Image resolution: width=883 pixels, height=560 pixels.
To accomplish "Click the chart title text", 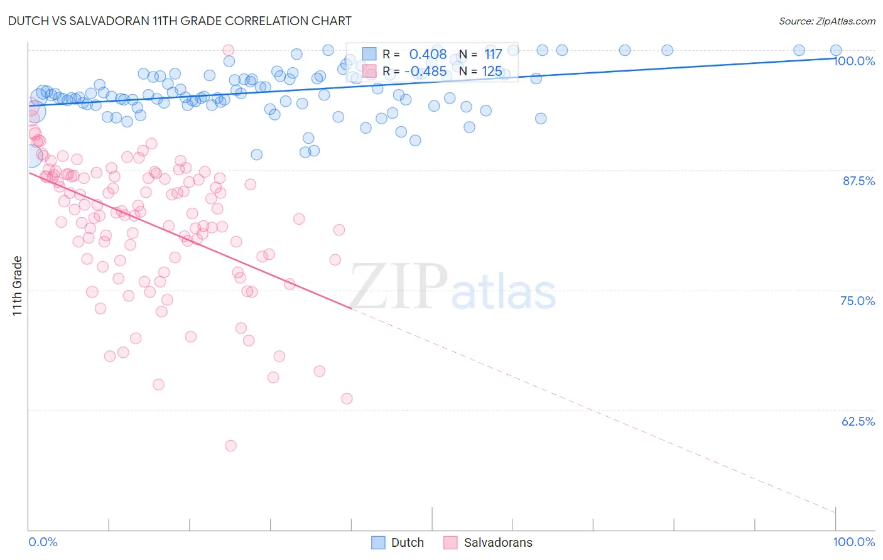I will [180, 21].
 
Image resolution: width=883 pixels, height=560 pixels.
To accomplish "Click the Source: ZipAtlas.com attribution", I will [826, 21].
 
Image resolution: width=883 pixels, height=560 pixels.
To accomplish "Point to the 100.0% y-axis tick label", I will [854, 61].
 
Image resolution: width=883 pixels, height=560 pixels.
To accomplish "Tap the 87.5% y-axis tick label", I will [859, 181].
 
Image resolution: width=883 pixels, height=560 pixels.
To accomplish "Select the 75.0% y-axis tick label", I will [857, 301].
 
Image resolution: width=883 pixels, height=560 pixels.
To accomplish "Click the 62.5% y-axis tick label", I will [858, 421].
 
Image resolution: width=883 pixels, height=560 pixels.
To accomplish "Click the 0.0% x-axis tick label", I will [43, 542].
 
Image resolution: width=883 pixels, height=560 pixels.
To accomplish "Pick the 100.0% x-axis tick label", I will [853, 542].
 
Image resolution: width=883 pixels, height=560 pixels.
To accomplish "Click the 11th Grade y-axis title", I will [18, 286].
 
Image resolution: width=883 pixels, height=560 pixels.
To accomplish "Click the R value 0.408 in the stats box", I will [428, 55].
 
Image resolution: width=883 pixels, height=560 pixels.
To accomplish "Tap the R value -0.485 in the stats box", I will [425, 71].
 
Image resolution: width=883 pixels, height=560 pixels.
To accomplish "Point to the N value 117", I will [493, 55].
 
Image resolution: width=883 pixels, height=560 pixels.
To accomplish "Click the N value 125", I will [492, 71].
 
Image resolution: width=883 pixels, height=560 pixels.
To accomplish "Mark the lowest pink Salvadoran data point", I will [230, 446].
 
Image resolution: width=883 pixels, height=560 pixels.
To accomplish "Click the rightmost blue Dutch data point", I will [836, 50].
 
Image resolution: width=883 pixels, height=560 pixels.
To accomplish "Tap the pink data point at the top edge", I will [229, 50].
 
